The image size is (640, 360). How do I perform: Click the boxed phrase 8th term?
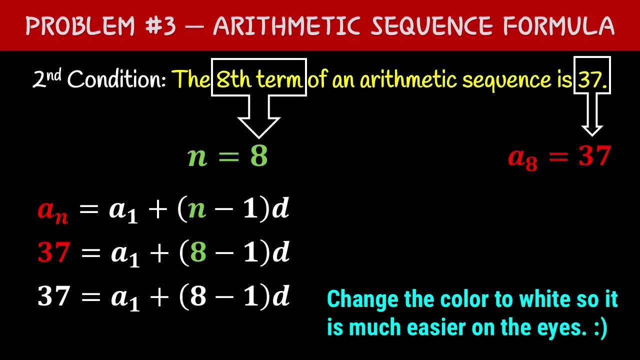pos(259,79)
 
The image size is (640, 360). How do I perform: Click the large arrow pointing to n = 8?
pos(258,117)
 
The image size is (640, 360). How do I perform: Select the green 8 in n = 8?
pos(259,156)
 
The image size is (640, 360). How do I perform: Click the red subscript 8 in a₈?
pos(531,164)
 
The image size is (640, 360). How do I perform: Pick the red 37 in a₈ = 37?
pos(594,156)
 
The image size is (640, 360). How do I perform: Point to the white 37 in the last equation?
pos(53,296)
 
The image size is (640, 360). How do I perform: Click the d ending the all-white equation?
pos(280,296)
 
